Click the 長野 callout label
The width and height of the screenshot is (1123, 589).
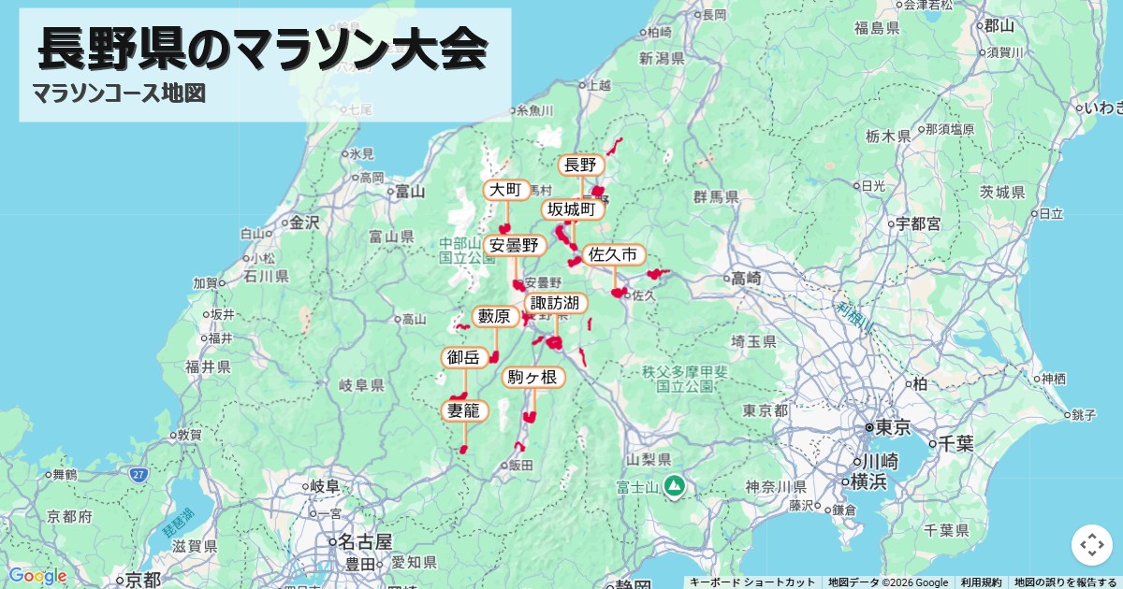click(580, 165)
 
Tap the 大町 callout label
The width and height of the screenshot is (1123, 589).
click(505, 191)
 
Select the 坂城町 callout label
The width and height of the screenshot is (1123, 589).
click(572, 209)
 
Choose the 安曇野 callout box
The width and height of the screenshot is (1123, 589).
click(515, 246)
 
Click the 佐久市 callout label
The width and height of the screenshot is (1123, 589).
click(614, 254)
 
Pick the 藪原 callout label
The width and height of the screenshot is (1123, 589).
click(494, 317)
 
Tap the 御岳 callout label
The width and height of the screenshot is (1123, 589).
click(463, 357)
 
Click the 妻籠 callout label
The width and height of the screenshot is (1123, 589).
click(463, 410)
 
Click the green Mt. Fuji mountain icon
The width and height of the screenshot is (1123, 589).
click(673, 486)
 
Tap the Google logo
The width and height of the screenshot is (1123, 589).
click(37, 576)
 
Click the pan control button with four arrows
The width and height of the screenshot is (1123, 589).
click(1091, 544)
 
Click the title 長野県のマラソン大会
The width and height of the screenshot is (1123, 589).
click(263, 49)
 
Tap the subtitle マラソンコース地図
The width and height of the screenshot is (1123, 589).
click(118, 93)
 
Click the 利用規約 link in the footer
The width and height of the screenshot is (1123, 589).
click(981, 582)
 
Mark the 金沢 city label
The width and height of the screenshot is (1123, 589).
click(304, 223)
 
